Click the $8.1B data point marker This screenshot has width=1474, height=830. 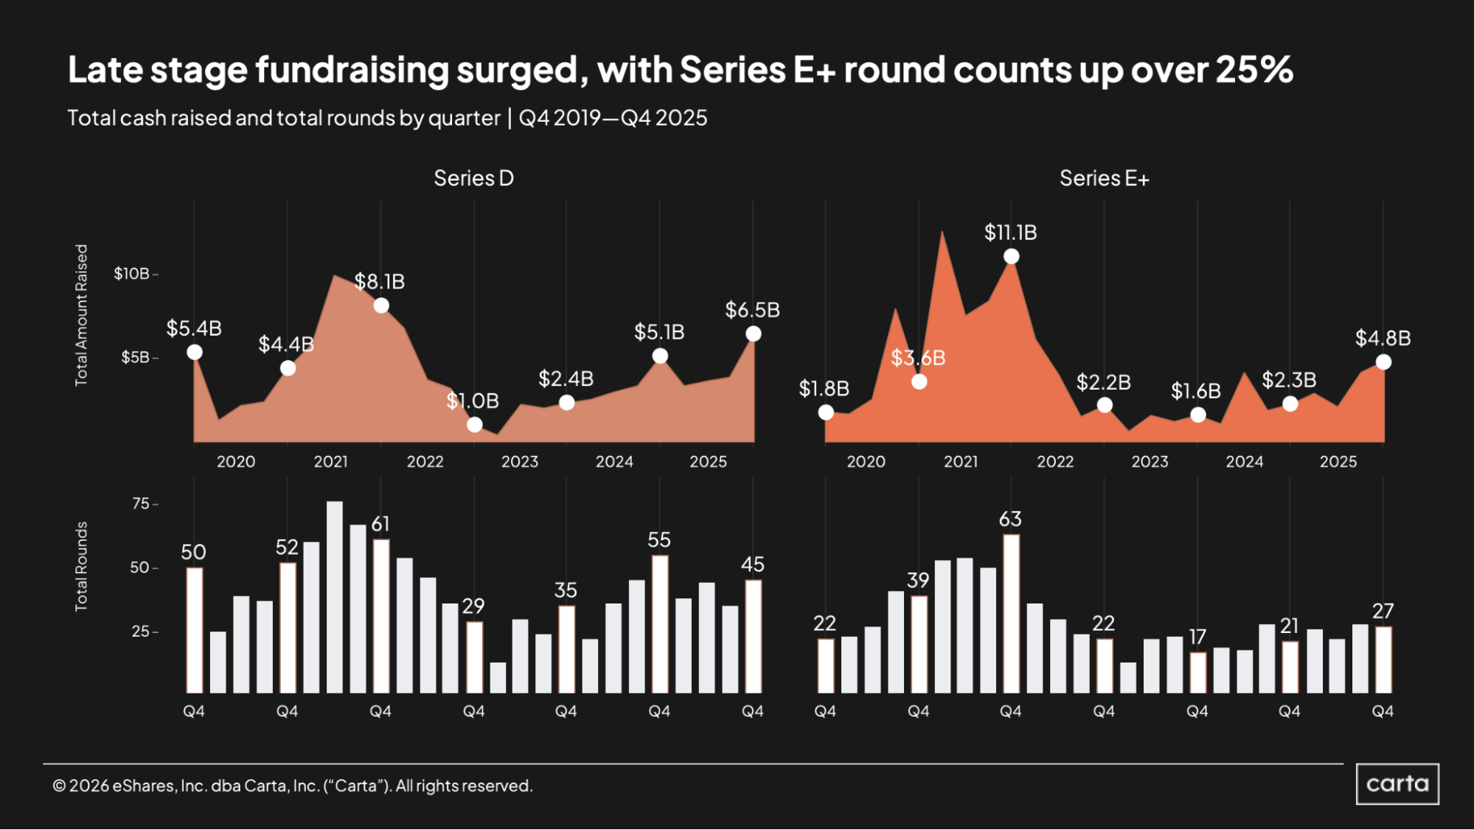(381, 305)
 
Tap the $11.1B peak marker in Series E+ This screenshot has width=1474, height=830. (1012, 256)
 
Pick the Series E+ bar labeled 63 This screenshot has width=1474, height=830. (1012, 613)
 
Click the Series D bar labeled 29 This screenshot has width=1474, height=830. (474, 657)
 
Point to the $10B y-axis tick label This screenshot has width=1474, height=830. (131, 274)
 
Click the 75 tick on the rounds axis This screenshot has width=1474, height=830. (140, 504)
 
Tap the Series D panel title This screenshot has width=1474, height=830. (473, 179)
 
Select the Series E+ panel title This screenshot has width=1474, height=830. (1104, 179)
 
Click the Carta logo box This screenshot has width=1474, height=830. (1397, 784)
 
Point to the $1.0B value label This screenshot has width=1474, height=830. (473, 401)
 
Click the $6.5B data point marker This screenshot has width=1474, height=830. (754, 334)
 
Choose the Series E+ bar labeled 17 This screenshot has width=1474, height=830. (1198, 672)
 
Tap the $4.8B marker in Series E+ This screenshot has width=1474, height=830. (1384, 362)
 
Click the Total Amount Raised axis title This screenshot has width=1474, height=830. (81, 315)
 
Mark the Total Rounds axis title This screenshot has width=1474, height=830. (81, 567)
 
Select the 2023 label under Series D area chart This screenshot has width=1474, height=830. (520, 462)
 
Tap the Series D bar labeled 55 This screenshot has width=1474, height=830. (660, 624)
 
